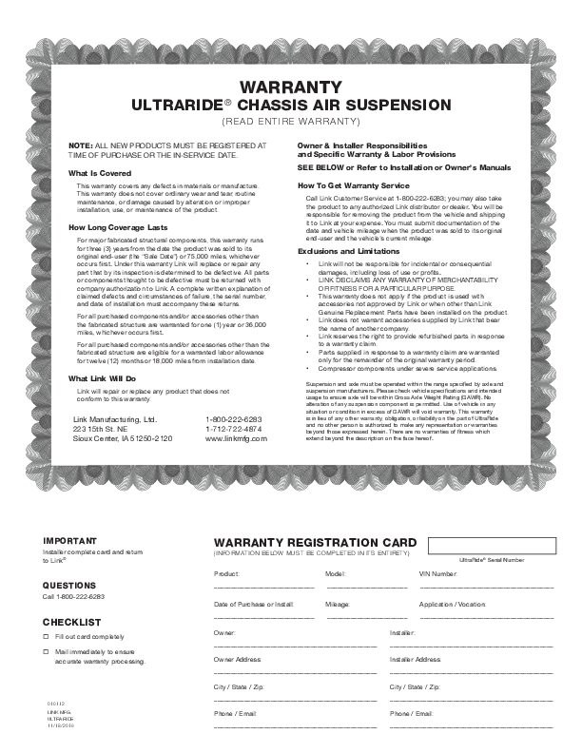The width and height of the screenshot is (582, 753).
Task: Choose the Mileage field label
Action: click(337, 604)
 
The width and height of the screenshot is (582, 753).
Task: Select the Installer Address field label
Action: click(416, 659)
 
